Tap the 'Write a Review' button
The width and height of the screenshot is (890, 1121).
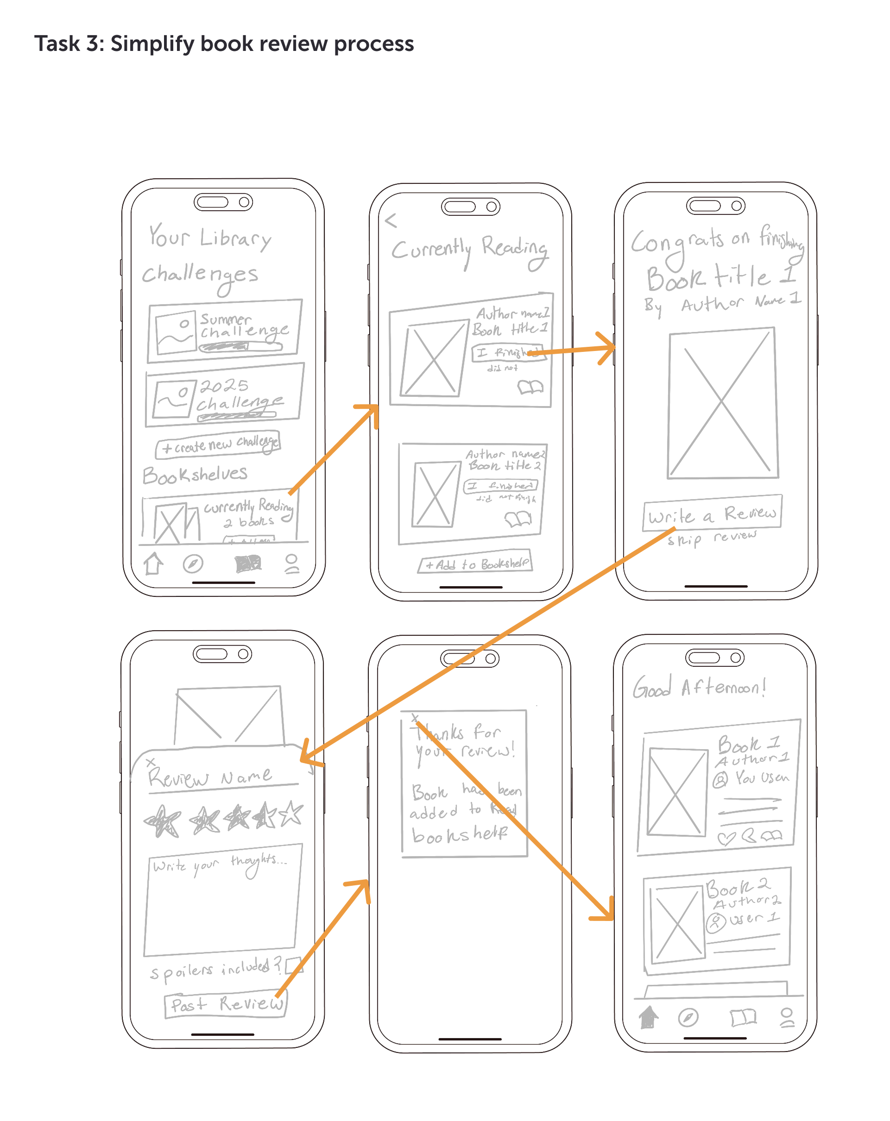[x=711, y=513]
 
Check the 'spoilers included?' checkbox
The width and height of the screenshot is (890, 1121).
[x=293, y=965]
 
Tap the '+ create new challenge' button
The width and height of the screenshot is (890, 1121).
[x=218, y=444]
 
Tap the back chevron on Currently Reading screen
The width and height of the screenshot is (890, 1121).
[x=391, y=220]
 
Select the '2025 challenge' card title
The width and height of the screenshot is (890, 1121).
[x=239, y=395]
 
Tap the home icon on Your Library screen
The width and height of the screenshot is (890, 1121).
[x=153, y=564]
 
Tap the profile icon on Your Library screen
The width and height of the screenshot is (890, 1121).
[x=292, y=564]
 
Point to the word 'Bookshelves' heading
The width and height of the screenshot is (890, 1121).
[x=195, y=475]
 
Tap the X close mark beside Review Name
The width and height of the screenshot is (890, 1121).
[x=150, y=762]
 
